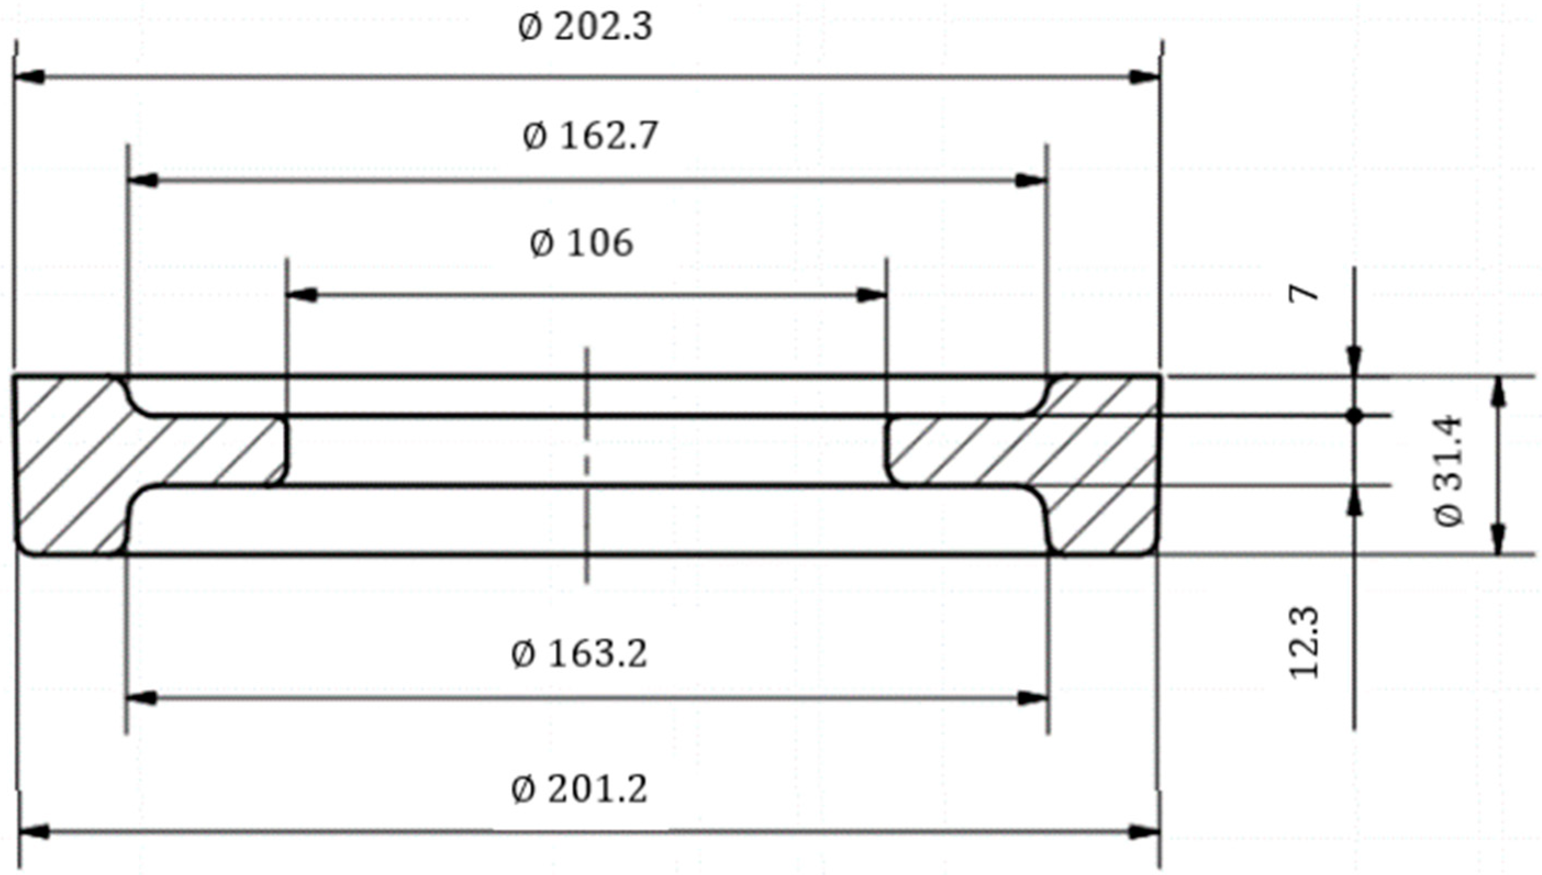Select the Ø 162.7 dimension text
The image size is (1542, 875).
click(x=590, y=137)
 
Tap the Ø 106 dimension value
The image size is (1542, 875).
click(x=582, y=244)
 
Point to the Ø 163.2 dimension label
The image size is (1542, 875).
click(x=579, y=654)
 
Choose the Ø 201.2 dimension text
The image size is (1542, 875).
click(x=579, y=789)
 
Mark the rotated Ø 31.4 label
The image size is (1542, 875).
click(x=1449, y=471)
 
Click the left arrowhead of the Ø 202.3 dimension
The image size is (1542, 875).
click(x=30, y=77)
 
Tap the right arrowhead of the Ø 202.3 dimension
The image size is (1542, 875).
click(x=1144, y=77)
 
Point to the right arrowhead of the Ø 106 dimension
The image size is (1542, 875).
click(x=871, y=295)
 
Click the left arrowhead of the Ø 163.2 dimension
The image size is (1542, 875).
click(x=142, y=698)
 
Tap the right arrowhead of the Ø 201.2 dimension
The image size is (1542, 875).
click(x=1144, y=832)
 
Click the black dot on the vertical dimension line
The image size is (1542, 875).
click(x=1354, y=415)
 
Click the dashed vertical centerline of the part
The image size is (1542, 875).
click(x=587, y=466)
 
